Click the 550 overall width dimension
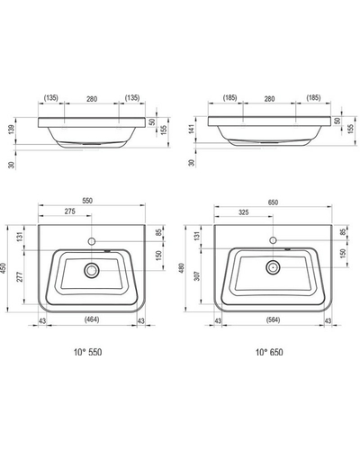[x=87, y=201]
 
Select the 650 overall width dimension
[x=273, y=202]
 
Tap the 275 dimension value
[x=70, y=211]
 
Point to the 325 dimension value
[x=244, y=212]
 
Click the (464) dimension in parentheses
[x=92, y=319]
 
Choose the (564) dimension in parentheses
[x=273, y=319]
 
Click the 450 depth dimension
[x=4, y=268]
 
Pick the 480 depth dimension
[x=181, y=268]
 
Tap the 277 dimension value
[x=20, y=277]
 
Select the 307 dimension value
[x=197, y=275]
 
